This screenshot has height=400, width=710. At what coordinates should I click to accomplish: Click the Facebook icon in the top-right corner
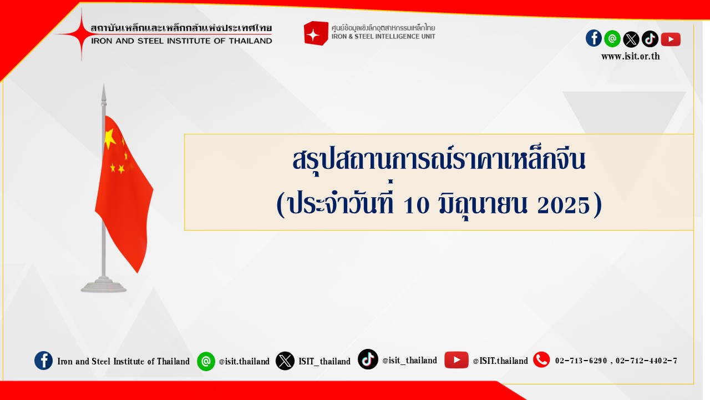[594, 38]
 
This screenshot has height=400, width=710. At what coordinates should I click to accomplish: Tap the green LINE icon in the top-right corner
[612, 39]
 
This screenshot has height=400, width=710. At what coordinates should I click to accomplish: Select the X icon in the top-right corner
[631, 39]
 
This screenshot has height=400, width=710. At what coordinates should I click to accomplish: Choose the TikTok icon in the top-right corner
[650, 39]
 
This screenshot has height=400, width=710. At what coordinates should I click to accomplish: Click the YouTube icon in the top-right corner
[671, 39]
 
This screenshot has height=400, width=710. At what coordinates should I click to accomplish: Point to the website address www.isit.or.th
[631, 57]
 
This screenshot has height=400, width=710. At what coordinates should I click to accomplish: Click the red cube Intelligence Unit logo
[316, 33]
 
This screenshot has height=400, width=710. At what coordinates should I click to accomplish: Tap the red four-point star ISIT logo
[82, 34]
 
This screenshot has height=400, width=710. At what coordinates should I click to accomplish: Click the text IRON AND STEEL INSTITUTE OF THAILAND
[181, 41]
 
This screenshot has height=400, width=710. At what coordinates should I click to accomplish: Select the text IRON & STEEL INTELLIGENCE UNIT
[383, 37]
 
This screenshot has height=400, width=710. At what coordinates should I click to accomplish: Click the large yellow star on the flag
[110, 138]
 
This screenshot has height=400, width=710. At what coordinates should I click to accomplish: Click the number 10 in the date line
[417, 205]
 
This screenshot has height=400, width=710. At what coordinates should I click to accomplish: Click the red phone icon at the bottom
[541, 359]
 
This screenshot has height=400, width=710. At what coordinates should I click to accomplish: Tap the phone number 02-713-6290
[581, 361]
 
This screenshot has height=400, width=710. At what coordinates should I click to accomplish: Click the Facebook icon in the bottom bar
[43, 361]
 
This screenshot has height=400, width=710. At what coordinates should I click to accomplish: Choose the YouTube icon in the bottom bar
[457, 360]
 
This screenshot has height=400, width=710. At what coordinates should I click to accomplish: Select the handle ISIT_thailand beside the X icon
[324, 361]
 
